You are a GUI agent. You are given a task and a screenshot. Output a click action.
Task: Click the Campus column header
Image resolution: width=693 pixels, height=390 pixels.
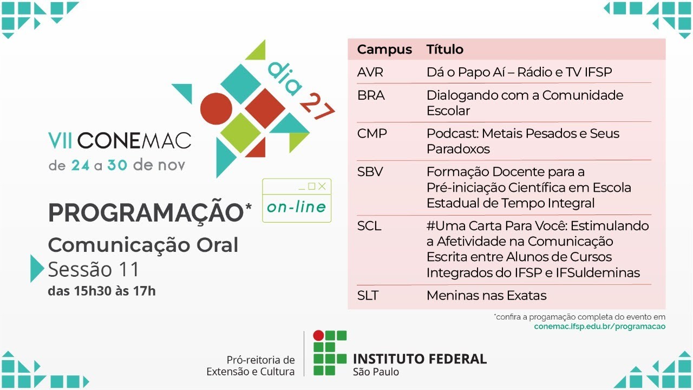click(x=384, y=50)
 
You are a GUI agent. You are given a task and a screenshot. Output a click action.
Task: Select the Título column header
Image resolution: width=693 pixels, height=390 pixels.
click(x=445, y=50)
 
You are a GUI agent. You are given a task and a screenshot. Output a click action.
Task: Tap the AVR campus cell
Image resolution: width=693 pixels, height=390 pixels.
click(x=370, y=72)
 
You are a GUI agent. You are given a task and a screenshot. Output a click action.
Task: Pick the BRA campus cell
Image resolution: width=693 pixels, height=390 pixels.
click(x=371, y=95)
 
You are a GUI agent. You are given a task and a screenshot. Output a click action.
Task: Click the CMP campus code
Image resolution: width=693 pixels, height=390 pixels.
click(x=372, y=133)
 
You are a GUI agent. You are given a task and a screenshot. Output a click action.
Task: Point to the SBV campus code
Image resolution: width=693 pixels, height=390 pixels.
click(x=370, y=172)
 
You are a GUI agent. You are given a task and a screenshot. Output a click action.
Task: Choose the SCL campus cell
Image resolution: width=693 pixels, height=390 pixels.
click(x=369, y=226)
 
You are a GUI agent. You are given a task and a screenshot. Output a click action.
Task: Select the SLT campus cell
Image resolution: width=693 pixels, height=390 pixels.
click(x=368, y=296)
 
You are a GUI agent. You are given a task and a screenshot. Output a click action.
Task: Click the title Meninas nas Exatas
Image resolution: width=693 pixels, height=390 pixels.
click(x=486, y=296)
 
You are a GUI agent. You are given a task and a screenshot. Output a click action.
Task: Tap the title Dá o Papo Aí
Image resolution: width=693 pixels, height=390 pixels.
click(x=519, y=72)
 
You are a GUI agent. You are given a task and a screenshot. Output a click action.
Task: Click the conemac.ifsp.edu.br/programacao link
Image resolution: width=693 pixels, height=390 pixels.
click(x=599, y=326)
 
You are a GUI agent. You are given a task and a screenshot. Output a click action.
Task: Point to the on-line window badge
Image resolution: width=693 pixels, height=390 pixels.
click(x=297, y=200)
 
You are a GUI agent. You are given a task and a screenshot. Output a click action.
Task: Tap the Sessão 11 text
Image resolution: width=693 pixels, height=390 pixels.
click(x=94, y=269)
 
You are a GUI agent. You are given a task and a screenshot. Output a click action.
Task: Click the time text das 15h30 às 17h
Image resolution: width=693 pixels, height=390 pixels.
click(x=101, y=291)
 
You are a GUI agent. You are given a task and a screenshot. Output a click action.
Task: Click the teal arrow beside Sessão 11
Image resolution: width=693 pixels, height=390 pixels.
click(x=36, y=268)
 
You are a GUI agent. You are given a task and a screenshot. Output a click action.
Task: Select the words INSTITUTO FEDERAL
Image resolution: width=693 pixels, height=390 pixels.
click(x=420, y=359)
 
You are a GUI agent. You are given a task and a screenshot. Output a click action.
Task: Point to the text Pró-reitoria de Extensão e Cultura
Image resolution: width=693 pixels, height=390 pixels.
click(x=251, y=366)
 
